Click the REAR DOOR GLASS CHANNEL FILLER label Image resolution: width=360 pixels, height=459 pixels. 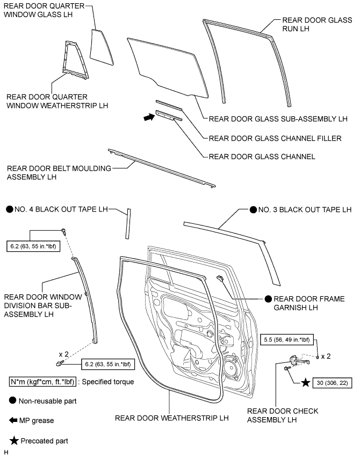pyautogui.click(x=275, y=138)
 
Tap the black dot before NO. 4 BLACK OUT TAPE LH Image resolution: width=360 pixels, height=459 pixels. pyautogui.click(x=9, y=209)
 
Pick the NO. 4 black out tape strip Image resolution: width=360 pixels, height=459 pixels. pyautogui.click(x=128, y=223)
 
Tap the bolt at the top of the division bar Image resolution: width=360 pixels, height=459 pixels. pyautogui.click(x=64, y=232)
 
